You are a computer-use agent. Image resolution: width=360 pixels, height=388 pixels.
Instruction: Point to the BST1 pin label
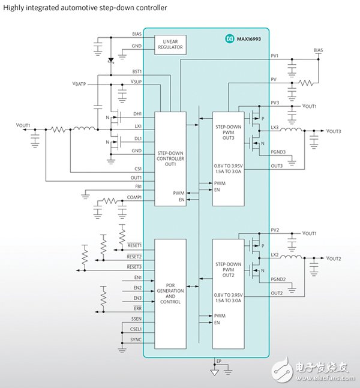point(136,71)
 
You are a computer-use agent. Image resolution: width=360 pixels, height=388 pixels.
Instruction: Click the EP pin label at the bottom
point(218,361)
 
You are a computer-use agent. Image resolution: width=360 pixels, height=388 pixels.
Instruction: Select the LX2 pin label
point(274,254)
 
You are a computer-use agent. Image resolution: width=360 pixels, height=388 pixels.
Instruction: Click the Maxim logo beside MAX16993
point(229,38)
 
